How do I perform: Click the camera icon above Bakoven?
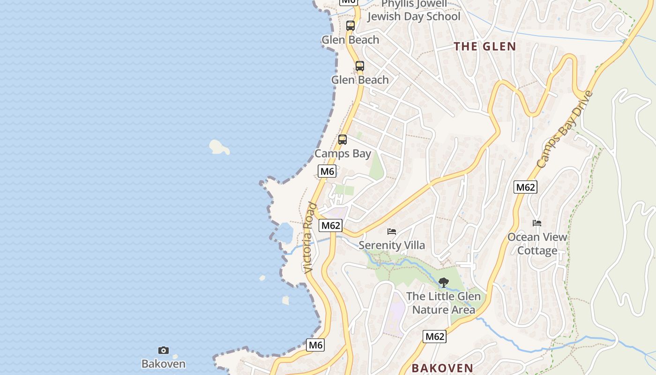[163, 350]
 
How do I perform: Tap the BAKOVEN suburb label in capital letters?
[442, 368]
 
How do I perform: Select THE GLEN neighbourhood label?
[485, 46]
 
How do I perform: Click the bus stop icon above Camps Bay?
[343, 140]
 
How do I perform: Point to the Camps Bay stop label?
[343, 154]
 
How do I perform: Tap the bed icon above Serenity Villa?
[392, 232]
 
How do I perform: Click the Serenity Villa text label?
[392, 245]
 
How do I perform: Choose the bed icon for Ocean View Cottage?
[537, 223]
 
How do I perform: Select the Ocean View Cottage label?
[537, 244]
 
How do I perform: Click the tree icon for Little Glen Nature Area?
[443, 283]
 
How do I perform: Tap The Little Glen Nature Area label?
[443, 303]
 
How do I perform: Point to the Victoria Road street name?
[309, 238]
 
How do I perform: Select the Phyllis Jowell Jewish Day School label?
[414, 11]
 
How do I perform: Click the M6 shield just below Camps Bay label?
[327, 172]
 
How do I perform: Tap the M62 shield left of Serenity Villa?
[330, 225]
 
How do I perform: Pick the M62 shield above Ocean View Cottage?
[525, 187]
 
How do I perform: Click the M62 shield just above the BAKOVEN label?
[434, 336]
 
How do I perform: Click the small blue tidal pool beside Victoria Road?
[285, 232]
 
